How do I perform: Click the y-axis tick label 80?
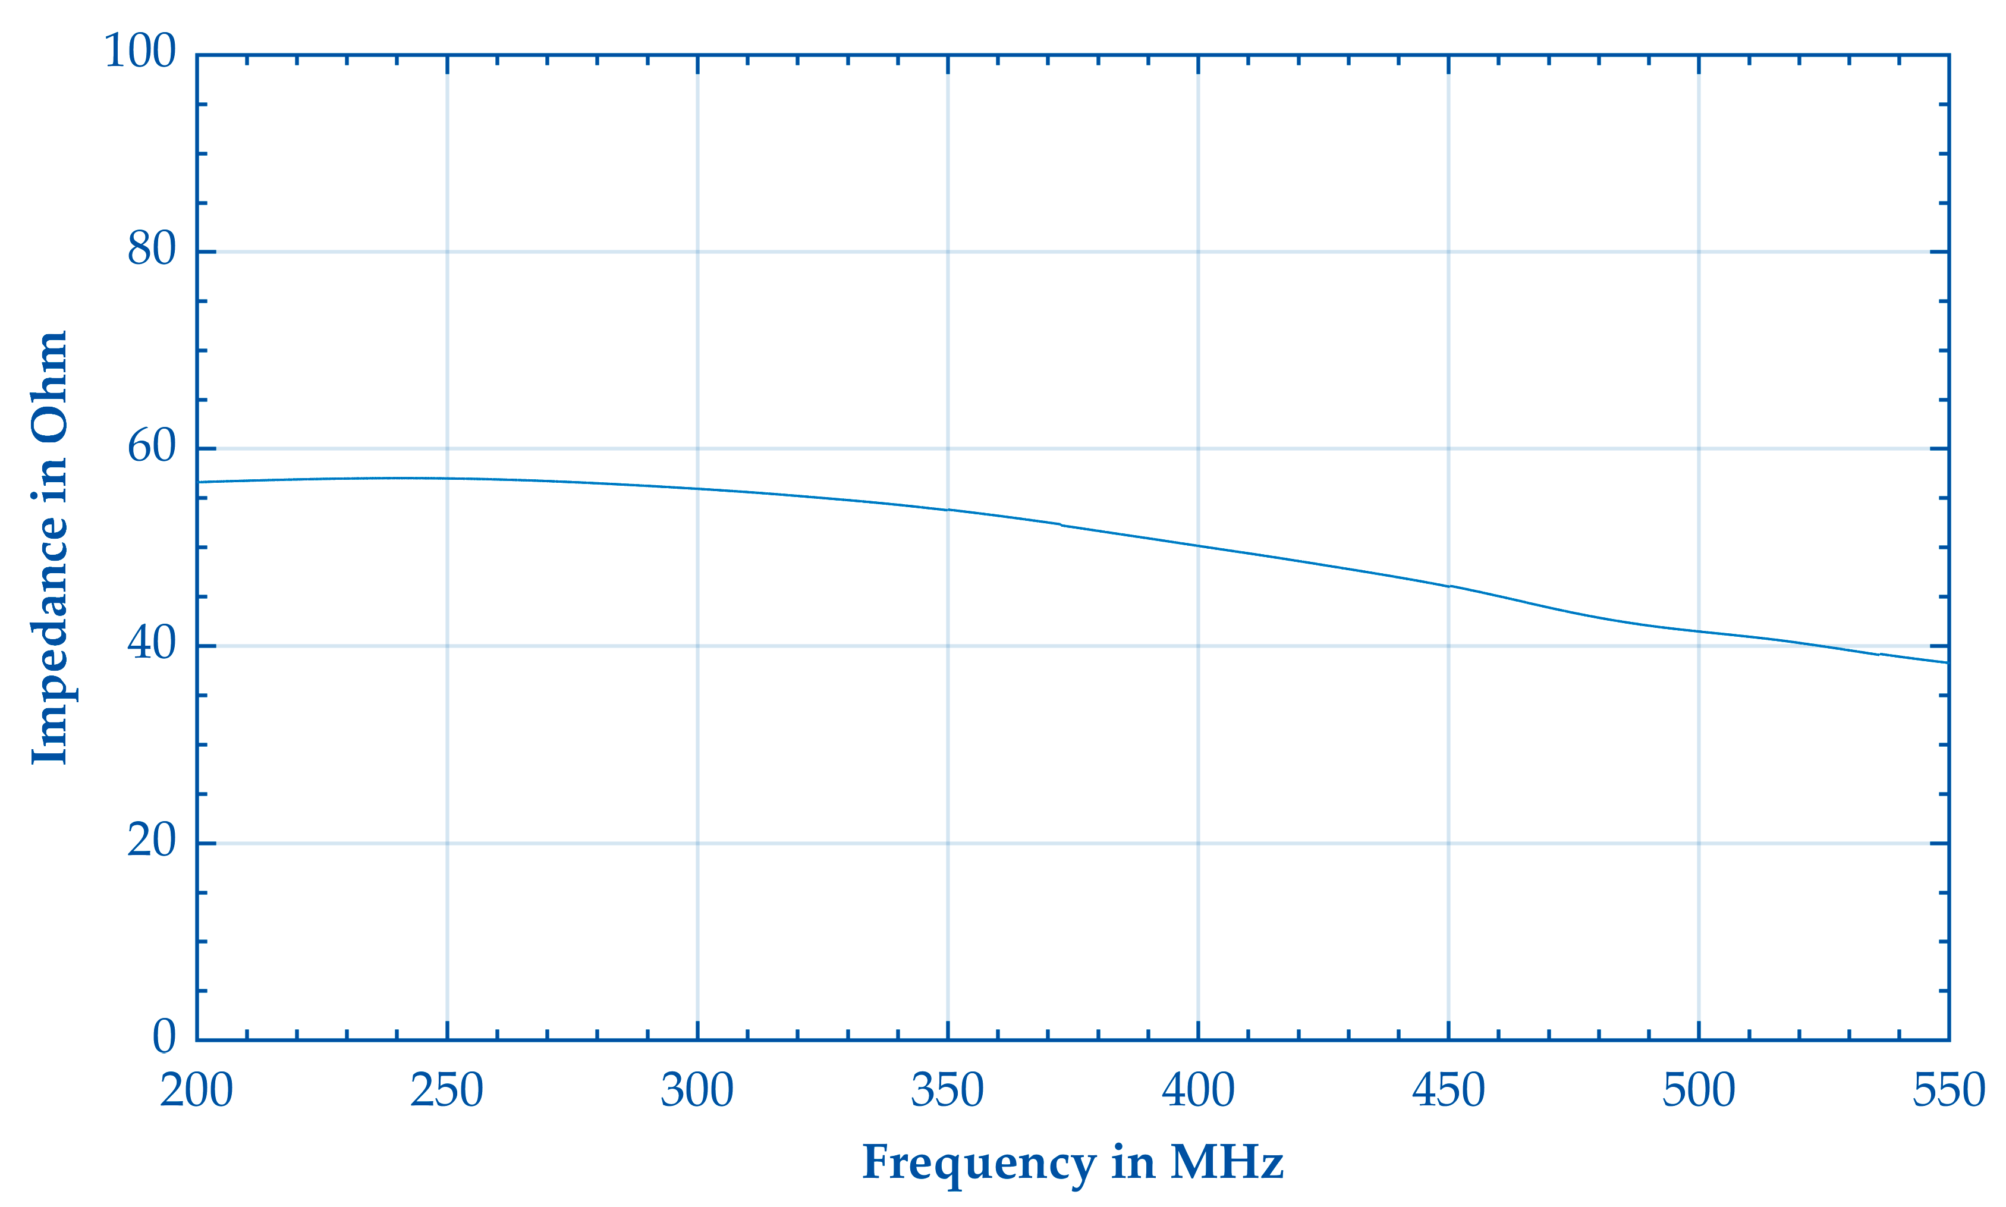pos(151,249)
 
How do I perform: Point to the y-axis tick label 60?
pos(151,446)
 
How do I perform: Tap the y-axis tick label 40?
pos(151,643)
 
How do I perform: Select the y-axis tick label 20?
pos(151,840)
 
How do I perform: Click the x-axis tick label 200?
pos(197,1090)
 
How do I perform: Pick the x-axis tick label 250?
pos(447,1090)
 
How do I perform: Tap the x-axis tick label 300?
pos(697,1090)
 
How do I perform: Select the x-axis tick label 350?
pos(947,1090)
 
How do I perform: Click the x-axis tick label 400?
pos(1198,1090)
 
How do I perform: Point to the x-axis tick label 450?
pos(1448,1090)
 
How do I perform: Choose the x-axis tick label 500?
pos(1699,1090)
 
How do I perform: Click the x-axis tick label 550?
pos(1948,1090)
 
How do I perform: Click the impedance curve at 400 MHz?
pos(1198,546)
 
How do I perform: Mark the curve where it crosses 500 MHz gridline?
pos(1699,631)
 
